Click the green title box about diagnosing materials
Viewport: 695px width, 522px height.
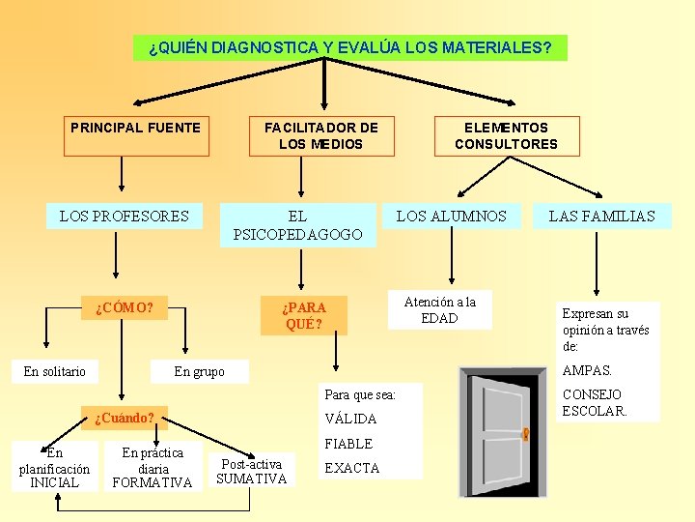tap(349, 47)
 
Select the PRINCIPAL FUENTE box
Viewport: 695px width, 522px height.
tap(136, 135)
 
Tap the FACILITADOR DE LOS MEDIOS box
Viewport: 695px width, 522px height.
tap(321, 135)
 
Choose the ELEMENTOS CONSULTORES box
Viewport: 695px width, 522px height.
tap(507, 135)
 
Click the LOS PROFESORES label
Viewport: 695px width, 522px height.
tap(125, 216)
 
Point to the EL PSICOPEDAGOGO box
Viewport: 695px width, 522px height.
tap(297, 225)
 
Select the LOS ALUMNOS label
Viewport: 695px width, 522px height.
tap(451, 216)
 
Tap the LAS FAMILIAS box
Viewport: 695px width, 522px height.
tap(601, 216)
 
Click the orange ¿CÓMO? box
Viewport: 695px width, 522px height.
tap(125, 308)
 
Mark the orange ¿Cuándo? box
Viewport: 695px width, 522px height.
tap(125, 419)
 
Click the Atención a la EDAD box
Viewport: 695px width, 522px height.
tap(439, 309)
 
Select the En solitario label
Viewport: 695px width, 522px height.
tap(55, 371)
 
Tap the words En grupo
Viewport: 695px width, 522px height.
tap(199, 371)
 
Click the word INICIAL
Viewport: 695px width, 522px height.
tap(55, 482)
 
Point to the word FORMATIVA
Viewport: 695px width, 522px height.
tap(153, 482)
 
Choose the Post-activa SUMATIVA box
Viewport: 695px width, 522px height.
tap(252, 471)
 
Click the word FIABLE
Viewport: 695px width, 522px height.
tap(348, 444)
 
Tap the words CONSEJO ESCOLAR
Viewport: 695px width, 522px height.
tap(594, 402)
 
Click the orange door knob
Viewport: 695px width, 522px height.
tap(526, 435)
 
